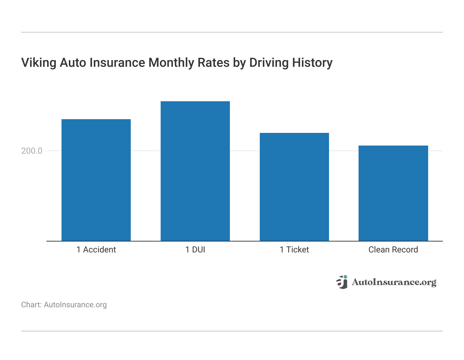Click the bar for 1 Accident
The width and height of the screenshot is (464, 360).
(96, 180)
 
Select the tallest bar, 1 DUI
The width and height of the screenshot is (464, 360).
(195, 171)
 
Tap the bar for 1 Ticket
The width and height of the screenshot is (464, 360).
(294, 187)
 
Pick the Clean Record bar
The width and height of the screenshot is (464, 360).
(393, 193)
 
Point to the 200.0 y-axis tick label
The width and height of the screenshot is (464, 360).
(32, 151)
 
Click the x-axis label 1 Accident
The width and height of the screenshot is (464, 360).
(96, 250)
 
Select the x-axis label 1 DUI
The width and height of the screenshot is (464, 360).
(195, 250)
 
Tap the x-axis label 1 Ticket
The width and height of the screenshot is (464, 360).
(294, 250)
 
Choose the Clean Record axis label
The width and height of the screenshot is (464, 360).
(393, 250)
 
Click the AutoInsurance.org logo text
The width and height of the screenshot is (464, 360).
(394, 282)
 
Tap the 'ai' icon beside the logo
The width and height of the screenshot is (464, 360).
(342, 282)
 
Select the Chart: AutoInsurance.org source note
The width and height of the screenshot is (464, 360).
(64, 305)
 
